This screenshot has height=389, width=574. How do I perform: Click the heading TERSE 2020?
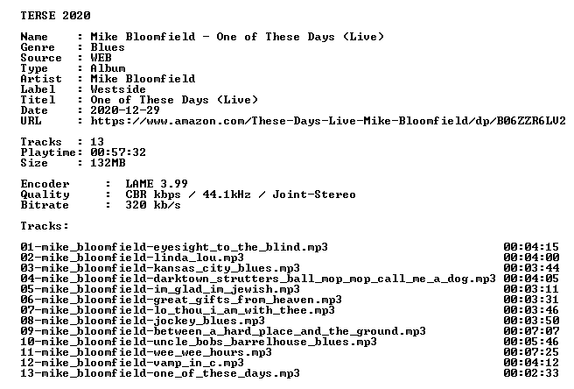(55, 16)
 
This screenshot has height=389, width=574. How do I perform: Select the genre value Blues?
(108, 47)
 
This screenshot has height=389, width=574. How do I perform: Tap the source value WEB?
(101, 58)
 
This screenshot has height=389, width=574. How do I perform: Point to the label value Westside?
(118, 89)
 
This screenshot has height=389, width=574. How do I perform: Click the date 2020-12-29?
(125, 110)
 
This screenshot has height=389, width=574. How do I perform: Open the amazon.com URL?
(328, 121)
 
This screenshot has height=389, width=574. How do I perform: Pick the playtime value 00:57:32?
(118, 152)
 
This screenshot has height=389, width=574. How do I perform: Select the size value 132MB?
(108, 163)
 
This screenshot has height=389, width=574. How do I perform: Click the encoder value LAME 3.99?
(157, 184)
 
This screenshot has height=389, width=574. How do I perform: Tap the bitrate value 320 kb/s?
(153, 205)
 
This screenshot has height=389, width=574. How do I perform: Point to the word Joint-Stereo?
(314, 194)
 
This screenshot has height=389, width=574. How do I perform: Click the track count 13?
(97, 142)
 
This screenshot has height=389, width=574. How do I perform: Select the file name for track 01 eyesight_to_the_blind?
(174, 247)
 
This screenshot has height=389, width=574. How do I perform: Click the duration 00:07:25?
(531, 352)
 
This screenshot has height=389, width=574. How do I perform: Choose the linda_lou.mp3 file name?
(132, 258)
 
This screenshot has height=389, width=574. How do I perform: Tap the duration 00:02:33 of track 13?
(531, 373)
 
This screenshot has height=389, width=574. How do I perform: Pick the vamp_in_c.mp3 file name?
(132, 364)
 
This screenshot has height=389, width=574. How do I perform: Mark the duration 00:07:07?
(531, 331)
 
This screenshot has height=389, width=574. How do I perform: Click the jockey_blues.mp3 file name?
(143, 322)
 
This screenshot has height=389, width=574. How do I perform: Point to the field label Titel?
(38, 100)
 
